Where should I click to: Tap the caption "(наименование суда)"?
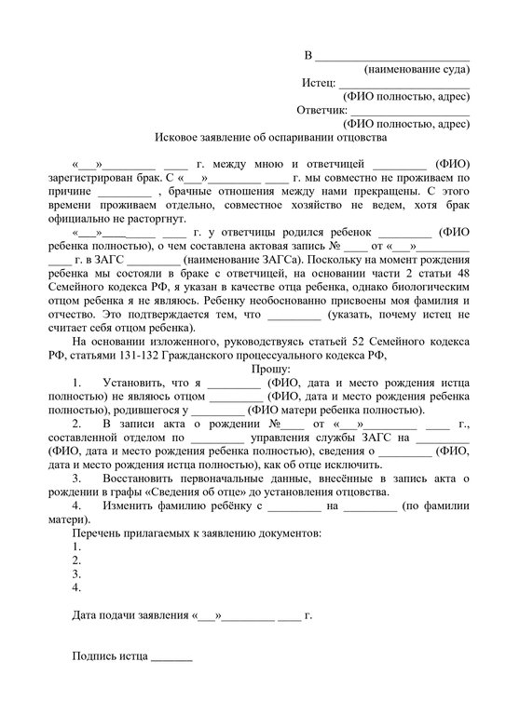417,70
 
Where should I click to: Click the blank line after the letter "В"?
392,56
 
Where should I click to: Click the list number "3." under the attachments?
76,573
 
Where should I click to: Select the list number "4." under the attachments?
76,587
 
